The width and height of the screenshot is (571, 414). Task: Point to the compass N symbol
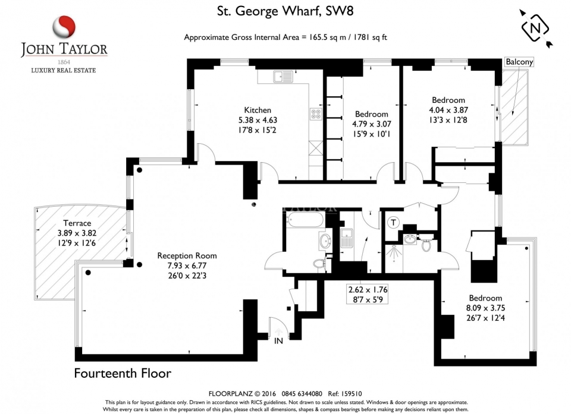pos(537,27)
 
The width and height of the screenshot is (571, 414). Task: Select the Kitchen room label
pos(258,110)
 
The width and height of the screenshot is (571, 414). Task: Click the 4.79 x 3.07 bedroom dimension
pos(371,124)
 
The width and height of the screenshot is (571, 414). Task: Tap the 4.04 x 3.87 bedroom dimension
pos(448,110)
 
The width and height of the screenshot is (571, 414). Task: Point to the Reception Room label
pos(187,255)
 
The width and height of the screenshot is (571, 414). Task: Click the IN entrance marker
pos(278,341)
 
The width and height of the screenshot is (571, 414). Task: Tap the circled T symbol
pos(393,223)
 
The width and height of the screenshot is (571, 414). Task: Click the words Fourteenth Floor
pos(123,374)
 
